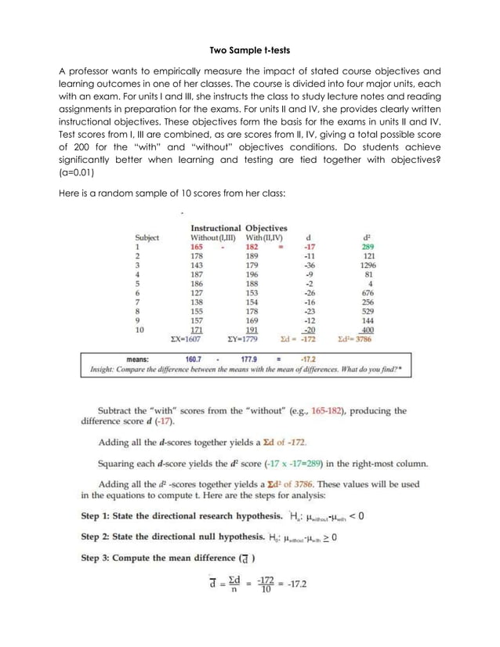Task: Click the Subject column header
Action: [x=147, y=237]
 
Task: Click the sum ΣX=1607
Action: [x=190, y=341]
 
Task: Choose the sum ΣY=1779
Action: [x=245, y=341]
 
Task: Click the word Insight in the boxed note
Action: [x=104, y=370]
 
